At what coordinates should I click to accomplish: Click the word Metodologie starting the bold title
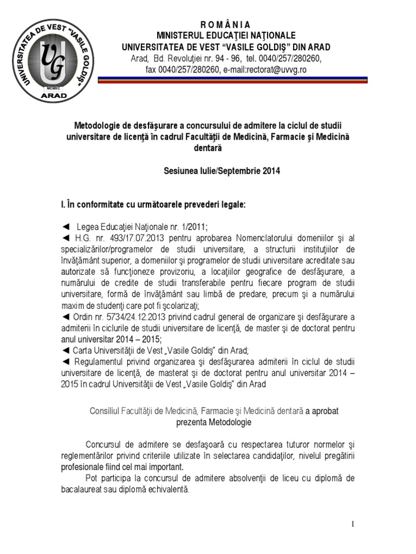coord(99,126)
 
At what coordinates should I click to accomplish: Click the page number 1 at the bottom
coord(353,524)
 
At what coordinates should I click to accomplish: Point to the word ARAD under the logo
coord(54,95)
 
